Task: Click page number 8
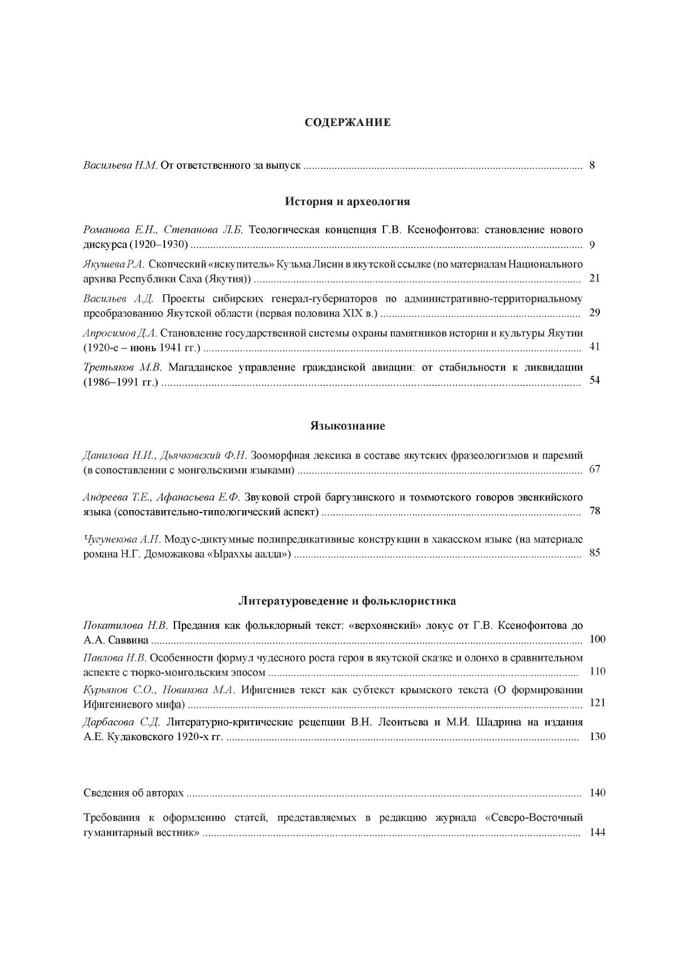click(592, 166)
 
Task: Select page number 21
click(594, 279)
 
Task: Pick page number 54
click(594, 380)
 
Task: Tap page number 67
click(594, 469)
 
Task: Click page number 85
click(594, 553)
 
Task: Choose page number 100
click(597, 640)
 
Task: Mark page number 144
click(597, 833)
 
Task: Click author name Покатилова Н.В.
click(126, 625)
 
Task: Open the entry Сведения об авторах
click(133, 793)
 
